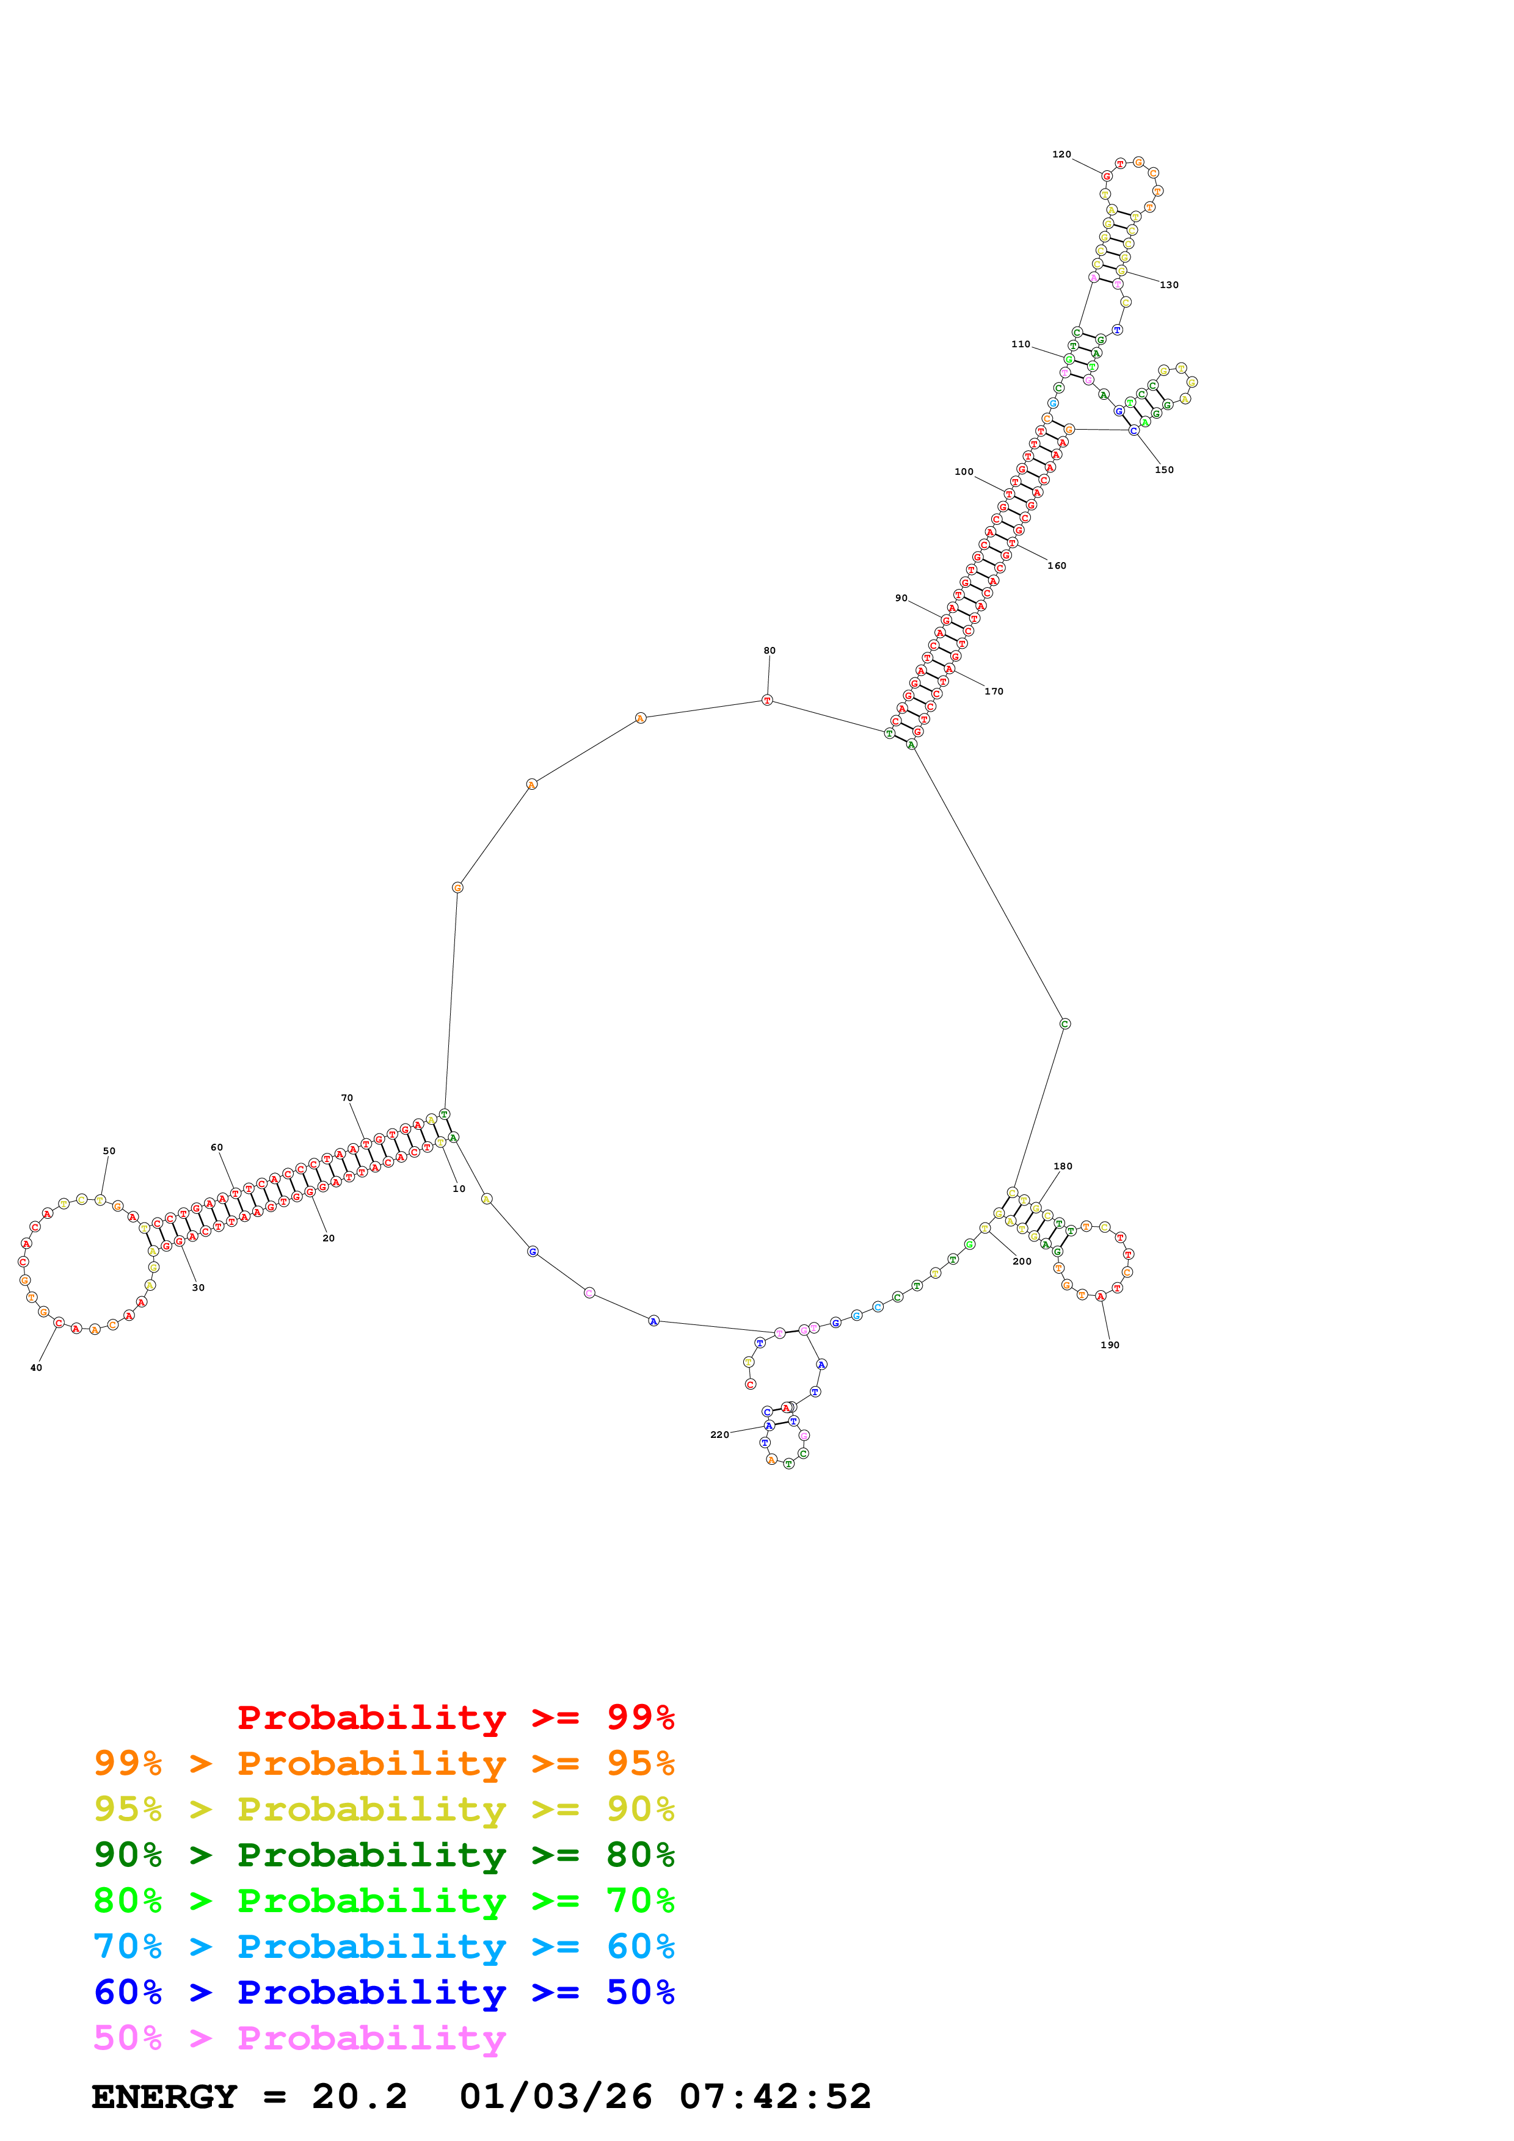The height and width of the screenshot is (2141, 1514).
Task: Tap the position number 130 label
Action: tap(1169, 286)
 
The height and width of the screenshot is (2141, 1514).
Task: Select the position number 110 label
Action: tap(1021, 344)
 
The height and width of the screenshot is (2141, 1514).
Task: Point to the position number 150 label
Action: tap(1164, 470)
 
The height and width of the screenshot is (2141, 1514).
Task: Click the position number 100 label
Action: tap(964, 472)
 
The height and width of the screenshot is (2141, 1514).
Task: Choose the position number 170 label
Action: tap(994, 692)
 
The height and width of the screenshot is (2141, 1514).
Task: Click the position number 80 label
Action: tap(770, 651)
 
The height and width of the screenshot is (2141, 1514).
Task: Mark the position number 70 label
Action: tap(347, 1099)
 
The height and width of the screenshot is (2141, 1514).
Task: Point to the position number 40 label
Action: tap(37, 1368)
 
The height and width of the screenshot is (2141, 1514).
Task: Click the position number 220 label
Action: tap(719, 1435)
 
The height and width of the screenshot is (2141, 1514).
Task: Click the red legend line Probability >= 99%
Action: tap(455, 1717)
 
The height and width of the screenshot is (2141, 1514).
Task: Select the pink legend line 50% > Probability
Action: tap(299, 2038)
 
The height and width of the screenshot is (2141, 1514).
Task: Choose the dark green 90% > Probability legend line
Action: tap(384, 1855)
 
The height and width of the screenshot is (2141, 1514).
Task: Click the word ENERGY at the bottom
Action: tap(164, 2097)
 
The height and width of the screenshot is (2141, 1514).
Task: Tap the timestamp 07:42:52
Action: tap(774, 2097)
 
